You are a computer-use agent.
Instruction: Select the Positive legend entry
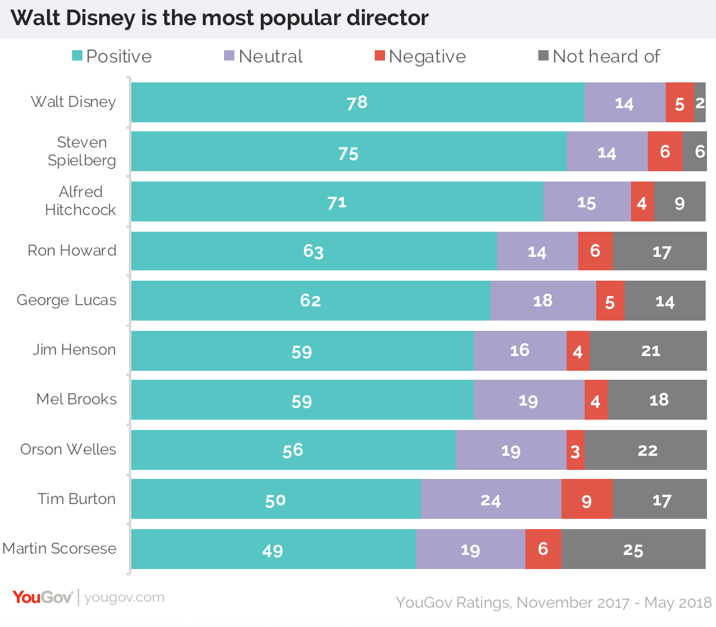click(112, 57)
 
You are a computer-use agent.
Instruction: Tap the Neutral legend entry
click(263, 57)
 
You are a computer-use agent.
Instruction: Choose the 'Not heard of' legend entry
click(599, 57)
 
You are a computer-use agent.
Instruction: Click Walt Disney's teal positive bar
click(357, 102)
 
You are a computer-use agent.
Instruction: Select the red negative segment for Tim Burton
click(587, 500)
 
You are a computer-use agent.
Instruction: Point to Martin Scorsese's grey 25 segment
click(633, 549)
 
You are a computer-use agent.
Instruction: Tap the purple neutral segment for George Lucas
click(543, 301)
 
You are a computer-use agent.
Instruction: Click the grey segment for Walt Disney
click(699, 102)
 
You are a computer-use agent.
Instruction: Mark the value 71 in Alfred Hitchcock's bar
click(337, 202)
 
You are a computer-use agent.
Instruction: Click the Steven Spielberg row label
click(82, 151)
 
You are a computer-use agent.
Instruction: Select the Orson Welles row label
click(68, 449)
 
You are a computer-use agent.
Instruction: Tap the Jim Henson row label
click(75, 350)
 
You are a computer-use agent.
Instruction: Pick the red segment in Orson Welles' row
click(575, 450)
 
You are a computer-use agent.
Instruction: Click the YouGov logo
click(42, 597)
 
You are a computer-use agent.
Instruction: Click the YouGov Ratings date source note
click(553, 603)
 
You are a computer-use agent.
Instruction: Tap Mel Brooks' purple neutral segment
click(529, 400)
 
